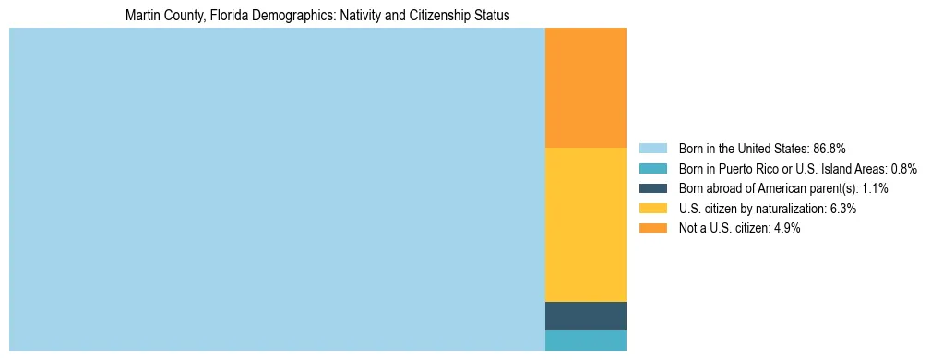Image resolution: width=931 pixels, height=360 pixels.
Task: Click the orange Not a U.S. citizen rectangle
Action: point(586,88)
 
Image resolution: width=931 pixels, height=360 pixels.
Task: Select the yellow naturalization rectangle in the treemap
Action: point(586,224)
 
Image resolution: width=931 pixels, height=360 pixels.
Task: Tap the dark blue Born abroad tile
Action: point(586,316)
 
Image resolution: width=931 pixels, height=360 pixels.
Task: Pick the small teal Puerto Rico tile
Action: point(586,341)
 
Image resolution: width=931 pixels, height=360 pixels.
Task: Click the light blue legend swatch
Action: point(652,148)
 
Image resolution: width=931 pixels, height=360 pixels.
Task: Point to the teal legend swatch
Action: point(652,168)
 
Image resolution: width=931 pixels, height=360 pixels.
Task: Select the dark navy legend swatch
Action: point(652,188)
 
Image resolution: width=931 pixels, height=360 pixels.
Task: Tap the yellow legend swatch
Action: point(652,209)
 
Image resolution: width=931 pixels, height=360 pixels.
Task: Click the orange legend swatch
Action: point(652,228)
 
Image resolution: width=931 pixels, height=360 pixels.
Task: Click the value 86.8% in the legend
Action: point(829,148)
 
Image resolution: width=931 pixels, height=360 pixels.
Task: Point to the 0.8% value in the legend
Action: point(903,168)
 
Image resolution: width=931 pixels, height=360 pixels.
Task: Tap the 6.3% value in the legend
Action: point(843,209)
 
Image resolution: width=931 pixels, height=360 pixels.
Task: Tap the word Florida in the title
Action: point(224,16)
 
